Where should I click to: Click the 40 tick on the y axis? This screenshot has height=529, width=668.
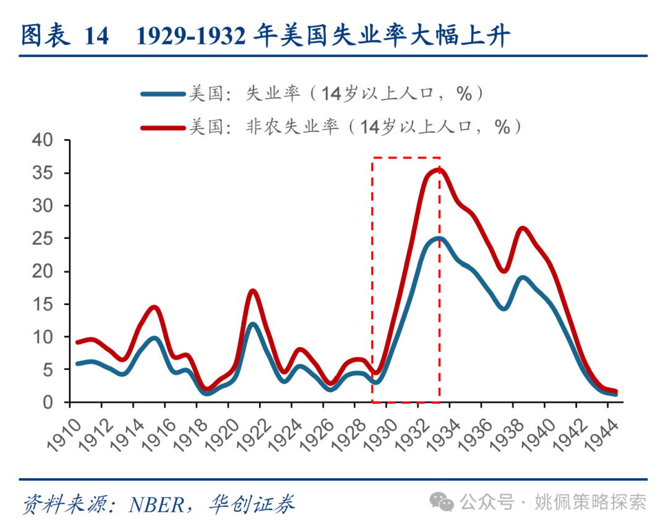pos(46,140)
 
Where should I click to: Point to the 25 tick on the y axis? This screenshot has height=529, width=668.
pos(46,239)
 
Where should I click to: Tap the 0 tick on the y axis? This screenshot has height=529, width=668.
pos(53,403)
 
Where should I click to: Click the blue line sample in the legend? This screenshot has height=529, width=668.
pos(163,94)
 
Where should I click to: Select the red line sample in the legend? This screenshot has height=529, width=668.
pos(163,127)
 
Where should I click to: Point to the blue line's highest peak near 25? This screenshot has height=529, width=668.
pos(439,239)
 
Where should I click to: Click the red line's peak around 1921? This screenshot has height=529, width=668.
pos(252,291)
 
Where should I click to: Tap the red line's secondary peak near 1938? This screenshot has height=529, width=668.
pos(523,229)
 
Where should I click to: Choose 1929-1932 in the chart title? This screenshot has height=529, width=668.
pos(193,37)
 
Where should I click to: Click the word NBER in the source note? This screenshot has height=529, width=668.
pos(156,504)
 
